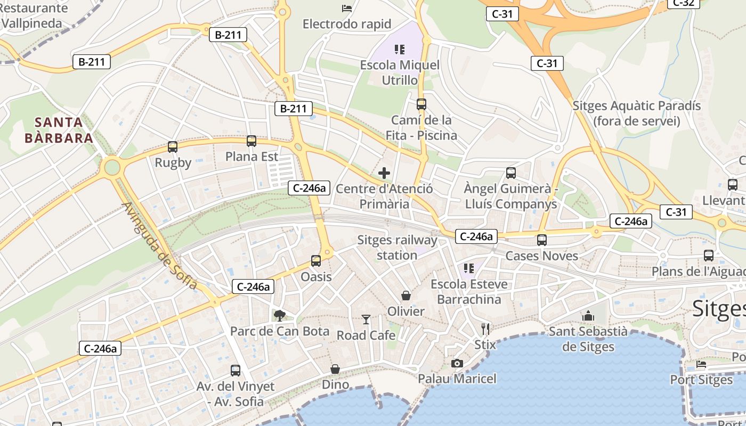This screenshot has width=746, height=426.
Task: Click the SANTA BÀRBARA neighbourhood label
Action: click(x=59, y=130)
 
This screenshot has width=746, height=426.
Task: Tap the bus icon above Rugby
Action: click(x=173, y=146)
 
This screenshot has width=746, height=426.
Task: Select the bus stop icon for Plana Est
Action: click(x=252, y=141)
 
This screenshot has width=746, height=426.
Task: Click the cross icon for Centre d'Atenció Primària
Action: click(x=384, y=173)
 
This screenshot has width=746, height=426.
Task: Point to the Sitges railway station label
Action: click(x=397, y=248)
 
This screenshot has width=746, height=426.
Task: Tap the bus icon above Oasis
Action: click(x=316, y=261)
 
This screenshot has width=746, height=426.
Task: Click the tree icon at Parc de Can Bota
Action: click(x=279, y=315)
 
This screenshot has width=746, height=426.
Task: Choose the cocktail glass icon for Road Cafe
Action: click(x=366, y=319)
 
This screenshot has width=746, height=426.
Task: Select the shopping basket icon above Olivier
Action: click(x=406, y=296)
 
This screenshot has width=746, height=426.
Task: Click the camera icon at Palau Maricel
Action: click(x=457, y=363)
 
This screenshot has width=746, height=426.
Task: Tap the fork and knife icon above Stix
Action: click(x=485, y=329)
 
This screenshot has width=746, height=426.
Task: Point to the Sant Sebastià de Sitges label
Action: click(x=588, y=339)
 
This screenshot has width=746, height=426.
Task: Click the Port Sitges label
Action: click(x=701, y=380)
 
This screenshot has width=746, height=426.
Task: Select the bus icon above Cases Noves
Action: click(x=542, y=240)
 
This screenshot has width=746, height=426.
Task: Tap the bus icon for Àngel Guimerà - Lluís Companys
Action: click(x=511, y=173)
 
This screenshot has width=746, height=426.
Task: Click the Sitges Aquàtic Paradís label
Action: click(x=637, y=113)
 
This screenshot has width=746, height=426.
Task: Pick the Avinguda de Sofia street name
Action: click(x=159, y=246)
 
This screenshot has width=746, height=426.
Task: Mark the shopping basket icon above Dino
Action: click(x=335, y=369)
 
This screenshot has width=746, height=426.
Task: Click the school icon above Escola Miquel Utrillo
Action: click(x=400, y=50)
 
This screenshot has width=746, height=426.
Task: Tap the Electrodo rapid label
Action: click(x=347, y=24)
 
